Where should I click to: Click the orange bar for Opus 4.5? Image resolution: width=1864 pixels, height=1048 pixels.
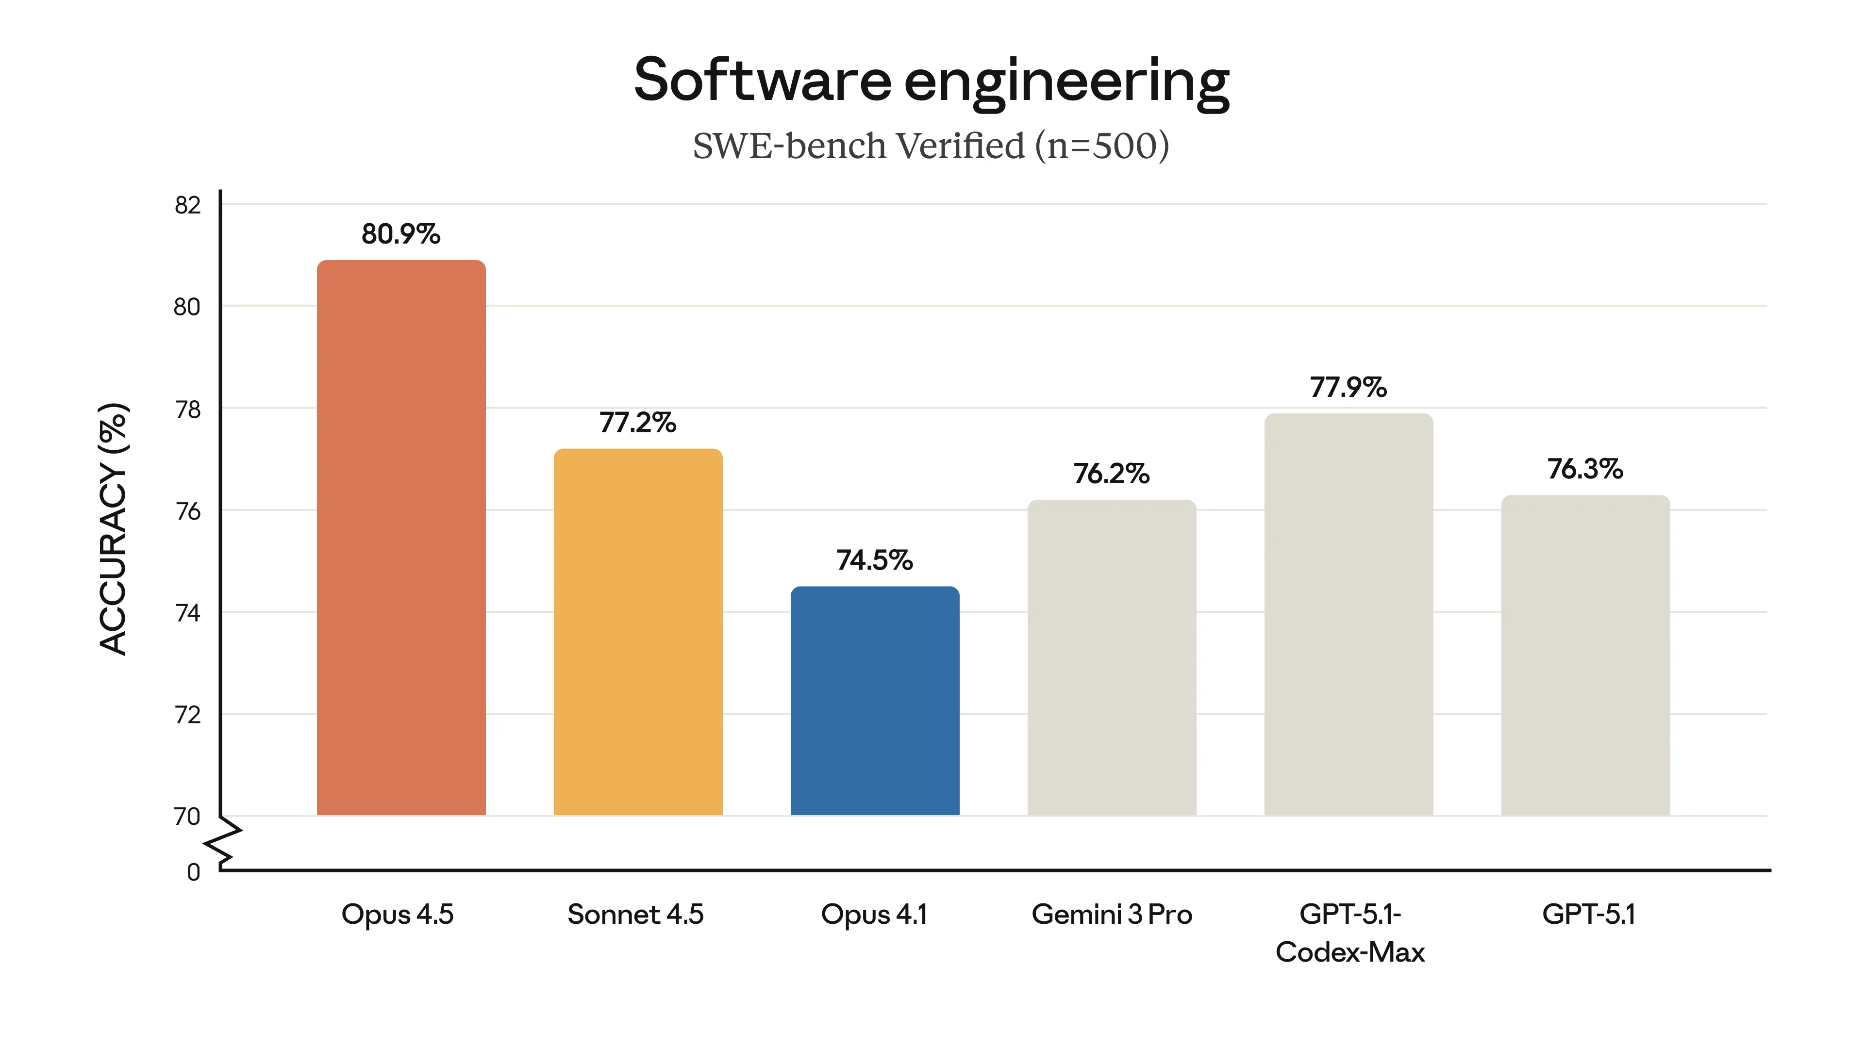(401, 539)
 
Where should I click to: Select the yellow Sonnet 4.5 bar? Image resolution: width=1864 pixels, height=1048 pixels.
(637, 633)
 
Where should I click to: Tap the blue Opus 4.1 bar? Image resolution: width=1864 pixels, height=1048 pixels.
(874, 702)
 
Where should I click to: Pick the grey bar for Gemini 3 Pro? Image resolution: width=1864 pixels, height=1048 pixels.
(1112, 658)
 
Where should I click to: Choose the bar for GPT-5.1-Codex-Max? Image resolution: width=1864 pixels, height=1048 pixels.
(1348, 615)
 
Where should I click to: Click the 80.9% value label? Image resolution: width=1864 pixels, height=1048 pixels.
(401, 234)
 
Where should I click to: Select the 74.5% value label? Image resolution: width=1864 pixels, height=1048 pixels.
(874, 560)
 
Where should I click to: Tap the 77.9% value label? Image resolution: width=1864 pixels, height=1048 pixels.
(1348, 388)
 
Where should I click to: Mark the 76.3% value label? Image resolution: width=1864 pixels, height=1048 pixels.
(1585, 469)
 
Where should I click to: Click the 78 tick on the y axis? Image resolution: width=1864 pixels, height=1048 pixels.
(187, 410)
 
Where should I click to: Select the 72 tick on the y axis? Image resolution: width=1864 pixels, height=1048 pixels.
(187, 715)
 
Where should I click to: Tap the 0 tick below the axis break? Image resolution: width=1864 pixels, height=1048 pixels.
(193, 872)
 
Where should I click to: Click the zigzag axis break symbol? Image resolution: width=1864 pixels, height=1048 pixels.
(224, 843)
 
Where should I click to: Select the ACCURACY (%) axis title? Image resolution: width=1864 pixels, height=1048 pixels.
(114, 529)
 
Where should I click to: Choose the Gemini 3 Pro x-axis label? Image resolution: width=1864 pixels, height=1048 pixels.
(1112, 915)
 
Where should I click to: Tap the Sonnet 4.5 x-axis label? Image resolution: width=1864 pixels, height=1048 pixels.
(635, 915)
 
